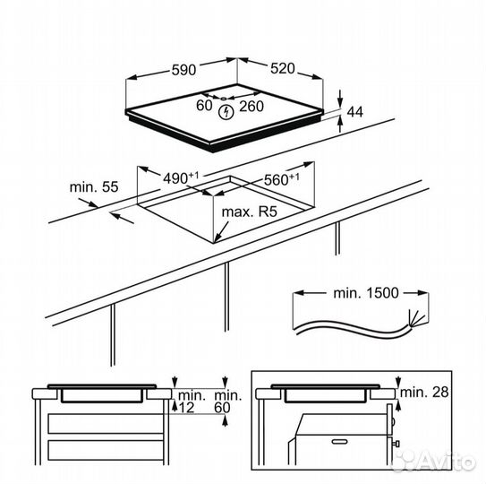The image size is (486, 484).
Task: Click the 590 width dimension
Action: pos(183,70)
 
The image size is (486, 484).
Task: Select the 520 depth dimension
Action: pos(282,68)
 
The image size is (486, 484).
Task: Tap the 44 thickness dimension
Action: pos(355,112)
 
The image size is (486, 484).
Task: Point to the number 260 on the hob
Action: pos(252,106)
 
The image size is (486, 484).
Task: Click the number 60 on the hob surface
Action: pos(204,106)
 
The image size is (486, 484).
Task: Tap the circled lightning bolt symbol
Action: pos(226,112)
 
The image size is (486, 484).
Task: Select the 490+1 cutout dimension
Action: pos(181,177)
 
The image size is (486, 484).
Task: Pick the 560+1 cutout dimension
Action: pos(281,179)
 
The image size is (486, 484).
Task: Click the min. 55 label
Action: pos(94,187)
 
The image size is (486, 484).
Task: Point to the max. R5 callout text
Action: pos(249,212)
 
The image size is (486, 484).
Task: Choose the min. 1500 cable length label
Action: pos(366,293)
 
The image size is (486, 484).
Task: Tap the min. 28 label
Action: pos(424,393)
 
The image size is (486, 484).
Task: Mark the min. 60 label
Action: pos(227,402)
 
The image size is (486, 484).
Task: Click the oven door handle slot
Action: pos(341,441)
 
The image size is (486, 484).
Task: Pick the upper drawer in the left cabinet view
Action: pos(106,423)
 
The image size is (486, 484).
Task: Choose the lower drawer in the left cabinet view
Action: pos(106,450)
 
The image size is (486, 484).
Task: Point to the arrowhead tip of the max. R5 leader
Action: pos(215,242)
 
